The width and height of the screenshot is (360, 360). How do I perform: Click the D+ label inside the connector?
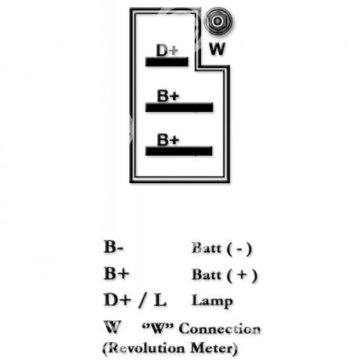point(167,50)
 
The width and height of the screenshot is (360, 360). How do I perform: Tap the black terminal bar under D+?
point(167,62)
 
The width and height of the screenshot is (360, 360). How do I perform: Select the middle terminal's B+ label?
point(168,95)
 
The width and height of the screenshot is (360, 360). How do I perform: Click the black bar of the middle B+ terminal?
point(179,107)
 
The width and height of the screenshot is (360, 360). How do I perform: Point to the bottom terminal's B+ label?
point(168,139)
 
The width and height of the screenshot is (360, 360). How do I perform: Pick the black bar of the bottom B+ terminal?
point(179,151)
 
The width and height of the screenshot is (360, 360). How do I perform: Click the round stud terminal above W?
point(218,21)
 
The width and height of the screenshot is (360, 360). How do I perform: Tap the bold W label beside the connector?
point(217,49)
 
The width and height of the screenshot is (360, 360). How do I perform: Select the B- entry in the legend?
point(113,247)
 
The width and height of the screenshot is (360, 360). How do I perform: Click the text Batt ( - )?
point(221,248)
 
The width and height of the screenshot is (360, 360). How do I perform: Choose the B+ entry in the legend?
point(117,273)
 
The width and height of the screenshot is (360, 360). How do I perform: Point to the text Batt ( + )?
point(225,275)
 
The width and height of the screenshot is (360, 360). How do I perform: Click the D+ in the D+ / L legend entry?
point(117,300)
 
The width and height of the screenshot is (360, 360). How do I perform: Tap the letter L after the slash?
point(160,300)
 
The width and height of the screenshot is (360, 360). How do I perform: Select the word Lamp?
point(212,301)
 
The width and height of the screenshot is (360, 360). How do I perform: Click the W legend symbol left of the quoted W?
point(113,326)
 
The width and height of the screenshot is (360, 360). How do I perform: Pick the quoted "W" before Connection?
point(158,328)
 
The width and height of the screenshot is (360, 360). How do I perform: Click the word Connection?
point(220,329)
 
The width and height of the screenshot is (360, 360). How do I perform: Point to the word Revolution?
point(144,348)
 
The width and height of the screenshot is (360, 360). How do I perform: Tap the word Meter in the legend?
point(214,348)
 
